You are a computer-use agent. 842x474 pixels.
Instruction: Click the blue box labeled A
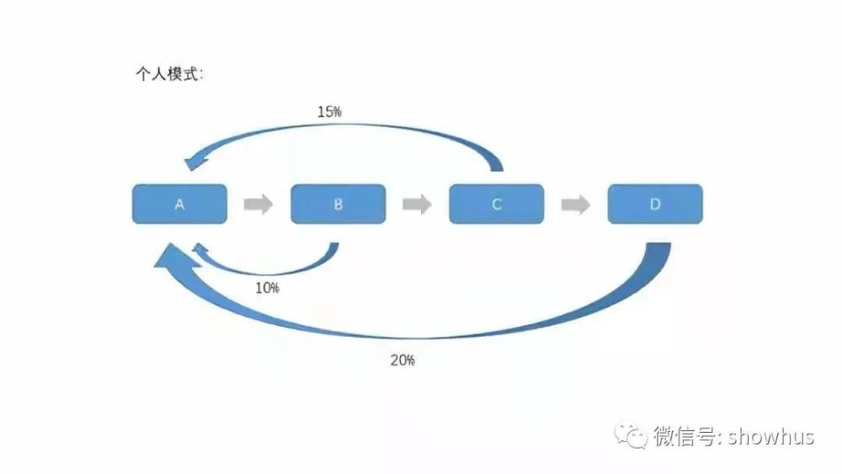click(x=179, y=204)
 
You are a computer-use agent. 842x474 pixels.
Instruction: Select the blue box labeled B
click(x=338, y=204)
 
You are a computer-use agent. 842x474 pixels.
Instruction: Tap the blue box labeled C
click(x=497, y=204)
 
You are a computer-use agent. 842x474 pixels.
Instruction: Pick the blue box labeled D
click(x=655, y=204)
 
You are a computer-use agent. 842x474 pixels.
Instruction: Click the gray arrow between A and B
click(x=258, y=204)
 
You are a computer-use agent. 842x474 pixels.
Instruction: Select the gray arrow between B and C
click(x=418, y=204)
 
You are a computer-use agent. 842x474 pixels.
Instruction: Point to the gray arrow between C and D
click(x=576, y=204)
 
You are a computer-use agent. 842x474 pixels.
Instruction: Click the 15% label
click(x=329, y=112)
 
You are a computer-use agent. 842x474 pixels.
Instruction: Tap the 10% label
click(x=267, y=288)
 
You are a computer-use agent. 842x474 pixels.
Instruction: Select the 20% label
click(x=402, y=360)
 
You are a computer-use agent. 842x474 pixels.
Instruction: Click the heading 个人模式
click(x=168, y=73)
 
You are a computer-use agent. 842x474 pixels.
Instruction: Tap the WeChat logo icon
click(x=631, y=435)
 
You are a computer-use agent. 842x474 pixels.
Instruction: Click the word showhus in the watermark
click(x=771, y=436)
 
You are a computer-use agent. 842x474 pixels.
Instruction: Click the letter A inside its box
click(x=179, y=204)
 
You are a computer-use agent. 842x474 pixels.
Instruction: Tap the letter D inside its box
click(x=655, y=204)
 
